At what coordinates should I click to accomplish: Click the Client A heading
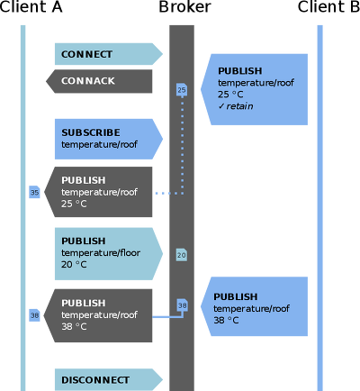point(31,6)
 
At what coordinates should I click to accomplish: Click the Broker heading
point(184,6)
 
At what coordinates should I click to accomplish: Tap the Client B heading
point(328,6)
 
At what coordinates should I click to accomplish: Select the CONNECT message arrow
point(109,54)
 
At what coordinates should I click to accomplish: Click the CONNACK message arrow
point(99,81)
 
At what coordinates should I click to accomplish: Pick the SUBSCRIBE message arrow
point(109,139)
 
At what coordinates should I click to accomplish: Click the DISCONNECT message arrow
point(109,379)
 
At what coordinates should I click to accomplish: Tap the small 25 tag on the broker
point(182,90)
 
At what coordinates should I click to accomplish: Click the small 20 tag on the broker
point(182,255)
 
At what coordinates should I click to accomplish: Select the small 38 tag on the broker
point(182,305)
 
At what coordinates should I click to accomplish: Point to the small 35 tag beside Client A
point(34,192)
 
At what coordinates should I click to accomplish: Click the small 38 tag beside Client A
point(34,315)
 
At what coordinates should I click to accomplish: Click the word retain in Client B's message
point(239,106)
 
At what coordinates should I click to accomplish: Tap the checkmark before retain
point(221,106)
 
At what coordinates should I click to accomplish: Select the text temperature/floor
point(101,253)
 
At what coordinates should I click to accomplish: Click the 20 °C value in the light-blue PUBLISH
point(74,265)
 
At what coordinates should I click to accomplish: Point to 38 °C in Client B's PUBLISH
point(226,320)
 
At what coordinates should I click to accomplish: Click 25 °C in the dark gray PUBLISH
point(74,204)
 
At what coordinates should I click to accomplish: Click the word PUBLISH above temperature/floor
point(84,241)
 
